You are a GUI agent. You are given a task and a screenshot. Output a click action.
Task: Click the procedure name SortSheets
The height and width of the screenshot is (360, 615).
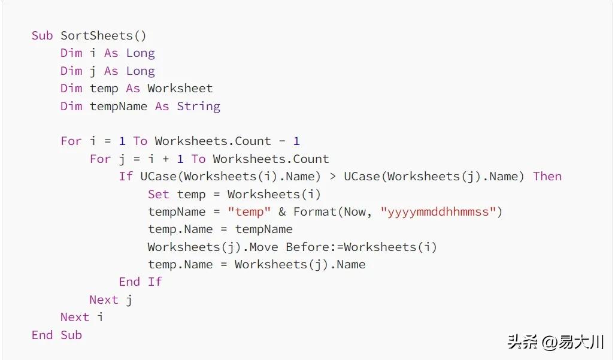click(x=97, y=36)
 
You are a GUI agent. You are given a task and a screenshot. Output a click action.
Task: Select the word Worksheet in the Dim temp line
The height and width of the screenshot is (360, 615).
click(x=180, y=88)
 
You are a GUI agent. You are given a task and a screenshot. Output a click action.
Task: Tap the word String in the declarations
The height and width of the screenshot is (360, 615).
click(x=198, y=107)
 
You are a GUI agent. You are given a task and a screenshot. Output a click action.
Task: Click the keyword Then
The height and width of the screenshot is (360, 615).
click(x=547, y=177)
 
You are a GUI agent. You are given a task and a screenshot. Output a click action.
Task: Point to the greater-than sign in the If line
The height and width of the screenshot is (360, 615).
click(x=332, y=177)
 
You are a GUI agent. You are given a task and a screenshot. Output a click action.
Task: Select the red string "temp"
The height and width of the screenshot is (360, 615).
click(x=249, y=212)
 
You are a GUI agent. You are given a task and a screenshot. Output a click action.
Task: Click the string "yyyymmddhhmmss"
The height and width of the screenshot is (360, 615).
click(x=437, y=212)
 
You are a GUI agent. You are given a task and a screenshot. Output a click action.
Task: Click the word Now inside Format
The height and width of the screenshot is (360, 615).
click(x=355, y=212)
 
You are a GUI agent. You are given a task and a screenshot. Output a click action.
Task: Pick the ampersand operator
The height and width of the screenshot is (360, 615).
click(x=282, y=212)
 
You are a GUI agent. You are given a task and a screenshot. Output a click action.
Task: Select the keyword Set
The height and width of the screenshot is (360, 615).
click(x=159, y=194)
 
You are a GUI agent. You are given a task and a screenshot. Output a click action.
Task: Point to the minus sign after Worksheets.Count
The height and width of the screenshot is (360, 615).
click(x=282, y=141)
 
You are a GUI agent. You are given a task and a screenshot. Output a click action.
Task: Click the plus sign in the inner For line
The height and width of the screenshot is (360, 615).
click(x=165, y=159)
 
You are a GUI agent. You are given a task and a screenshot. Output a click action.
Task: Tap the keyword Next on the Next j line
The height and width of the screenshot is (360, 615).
click(x=104, y=300)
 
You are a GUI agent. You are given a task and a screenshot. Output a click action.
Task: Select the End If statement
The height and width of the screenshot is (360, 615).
click(x=140, y=282)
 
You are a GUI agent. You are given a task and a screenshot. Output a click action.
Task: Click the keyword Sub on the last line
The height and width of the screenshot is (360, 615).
click(x=71, y=335)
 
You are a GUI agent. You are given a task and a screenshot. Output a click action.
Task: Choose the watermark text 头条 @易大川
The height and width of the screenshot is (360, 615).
click(x=556, y=342)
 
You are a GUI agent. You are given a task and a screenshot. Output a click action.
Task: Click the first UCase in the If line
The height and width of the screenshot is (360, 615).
click(x=159, y=177)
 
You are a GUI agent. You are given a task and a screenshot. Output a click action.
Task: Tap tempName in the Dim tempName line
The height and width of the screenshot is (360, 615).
click(x=119, y=107)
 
